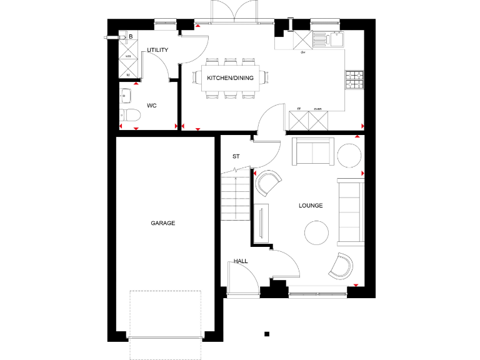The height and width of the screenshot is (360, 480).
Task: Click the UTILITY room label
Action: [157, 50]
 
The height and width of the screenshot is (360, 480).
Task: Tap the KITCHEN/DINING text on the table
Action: [230, 78]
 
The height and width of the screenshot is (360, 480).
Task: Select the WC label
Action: [151, 106]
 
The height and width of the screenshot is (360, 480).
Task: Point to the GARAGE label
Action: [162, 222]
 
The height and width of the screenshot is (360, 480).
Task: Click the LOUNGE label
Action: [311, 205]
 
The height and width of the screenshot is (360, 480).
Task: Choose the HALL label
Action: [241, 261]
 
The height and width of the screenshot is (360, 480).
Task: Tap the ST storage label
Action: [236, 156]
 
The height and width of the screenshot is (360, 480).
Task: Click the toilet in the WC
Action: [128, 115]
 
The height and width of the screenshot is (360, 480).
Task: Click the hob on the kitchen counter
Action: [354, 79]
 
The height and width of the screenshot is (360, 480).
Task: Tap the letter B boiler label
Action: [130, 36]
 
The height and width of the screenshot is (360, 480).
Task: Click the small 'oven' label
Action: [317, 107]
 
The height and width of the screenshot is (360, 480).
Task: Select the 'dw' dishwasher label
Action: [302, 52]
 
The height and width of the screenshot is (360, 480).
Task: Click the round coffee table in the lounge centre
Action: [316, 233]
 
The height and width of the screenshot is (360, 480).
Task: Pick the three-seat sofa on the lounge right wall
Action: [351, 211]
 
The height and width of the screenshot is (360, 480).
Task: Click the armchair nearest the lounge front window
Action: [342, 266]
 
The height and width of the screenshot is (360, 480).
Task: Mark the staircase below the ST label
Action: [234, 195]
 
